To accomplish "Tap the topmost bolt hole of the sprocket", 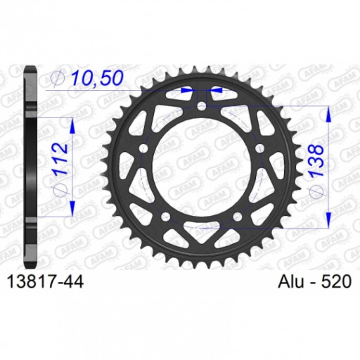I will pos(202,107).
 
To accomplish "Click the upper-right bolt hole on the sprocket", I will pos(261,149).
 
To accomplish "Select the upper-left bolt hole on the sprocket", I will pos(143,149).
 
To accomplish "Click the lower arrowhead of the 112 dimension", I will pos(72,210).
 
